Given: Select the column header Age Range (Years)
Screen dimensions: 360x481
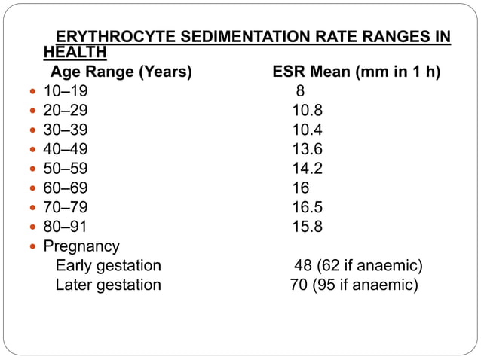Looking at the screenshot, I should click(121, 72).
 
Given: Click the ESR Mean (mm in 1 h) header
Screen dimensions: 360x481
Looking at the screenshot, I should click(357, 72).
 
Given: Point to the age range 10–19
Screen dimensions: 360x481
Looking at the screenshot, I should click(65, 92).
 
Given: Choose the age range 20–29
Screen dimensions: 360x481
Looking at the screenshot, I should click(65, 111).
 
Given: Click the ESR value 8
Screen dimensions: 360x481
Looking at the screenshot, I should click(300, 92).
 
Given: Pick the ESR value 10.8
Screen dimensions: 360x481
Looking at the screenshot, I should click(308, 111).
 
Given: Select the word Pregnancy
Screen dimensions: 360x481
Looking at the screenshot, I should click(81, 246).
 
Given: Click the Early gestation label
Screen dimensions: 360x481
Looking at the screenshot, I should click(109, 265).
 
